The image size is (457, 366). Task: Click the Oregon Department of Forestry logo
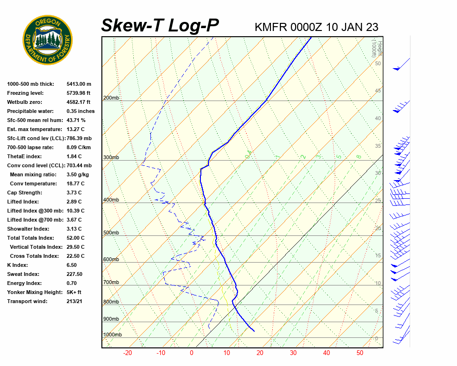[x=48, y=40]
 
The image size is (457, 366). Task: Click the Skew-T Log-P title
[x=160, y=26]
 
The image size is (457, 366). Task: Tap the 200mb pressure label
[x=111, y=98]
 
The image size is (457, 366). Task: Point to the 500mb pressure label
[x=111, y=233]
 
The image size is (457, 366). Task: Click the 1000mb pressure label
[x=112, y=335]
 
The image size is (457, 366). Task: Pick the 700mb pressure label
[x=111, y=283]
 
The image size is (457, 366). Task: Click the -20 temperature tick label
[x=128, y=353]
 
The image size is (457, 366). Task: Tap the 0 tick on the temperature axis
[x=191, y=353]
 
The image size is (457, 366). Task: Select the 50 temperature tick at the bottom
[x=359, y=353]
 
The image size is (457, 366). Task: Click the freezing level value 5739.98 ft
[x=79, y=93]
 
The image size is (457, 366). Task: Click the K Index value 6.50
[x=73, y=265]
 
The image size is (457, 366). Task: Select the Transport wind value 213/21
[x=76, y=301]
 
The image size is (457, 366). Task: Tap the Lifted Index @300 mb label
[x=32, y=211]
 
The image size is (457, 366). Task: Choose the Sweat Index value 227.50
[x=75, y=274]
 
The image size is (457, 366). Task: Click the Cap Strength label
[x=25, y=193]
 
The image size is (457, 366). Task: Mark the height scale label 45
[x=378, y=91]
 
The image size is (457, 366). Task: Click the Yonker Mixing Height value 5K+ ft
[x=74, y=292]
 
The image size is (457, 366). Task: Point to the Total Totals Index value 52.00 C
[x=76, y=238]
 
